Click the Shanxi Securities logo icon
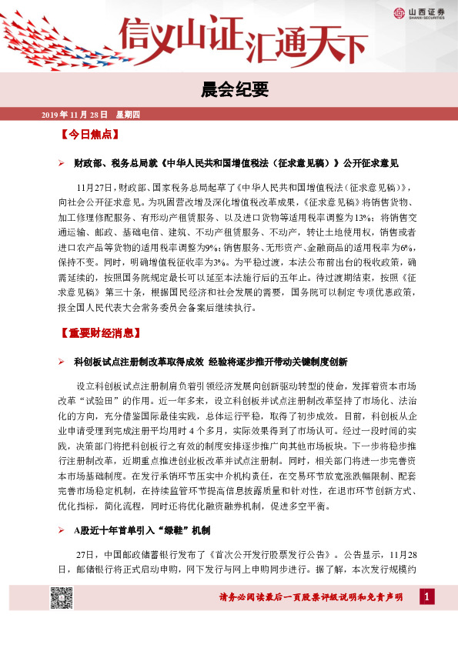[x=399, y=12]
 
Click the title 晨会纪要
[x=229, y=90]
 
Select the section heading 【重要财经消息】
[x=99, y=334]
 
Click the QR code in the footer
[x=61, y=597]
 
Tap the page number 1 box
[x=428, y=596]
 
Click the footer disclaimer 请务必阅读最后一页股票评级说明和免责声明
[x=310, y=598]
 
